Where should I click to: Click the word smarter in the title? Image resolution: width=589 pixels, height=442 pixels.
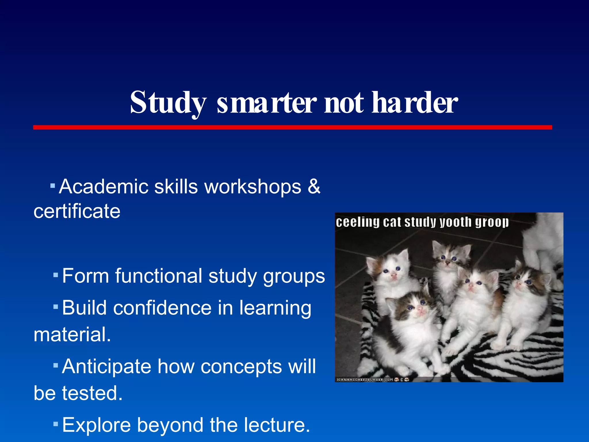(x=267, y=103)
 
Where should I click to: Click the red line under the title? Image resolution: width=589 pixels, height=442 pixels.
(x=292, y=127)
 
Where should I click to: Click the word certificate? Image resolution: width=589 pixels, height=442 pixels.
(x=77, y=211)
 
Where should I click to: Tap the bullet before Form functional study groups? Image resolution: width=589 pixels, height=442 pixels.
(x=56, y=275)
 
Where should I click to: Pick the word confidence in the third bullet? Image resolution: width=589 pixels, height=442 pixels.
(x=162, y=308)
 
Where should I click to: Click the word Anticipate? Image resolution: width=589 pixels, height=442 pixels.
(x=106, y=366)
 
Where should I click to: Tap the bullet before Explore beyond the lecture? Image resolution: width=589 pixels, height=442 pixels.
(x=56, y=424)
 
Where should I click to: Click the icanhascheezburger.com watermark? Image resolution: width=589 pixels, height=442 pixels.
(x=365, y=380)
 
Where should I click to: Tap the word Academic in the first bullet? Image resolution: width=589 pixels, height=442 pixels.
(x=104, y=186)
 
